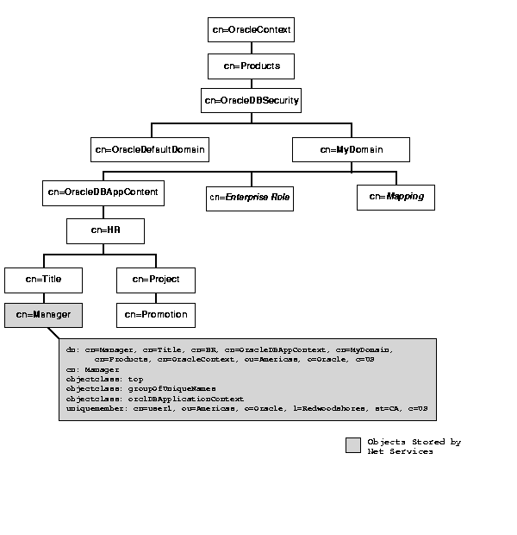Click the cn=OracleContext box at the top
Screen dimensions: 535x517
coord(251,29)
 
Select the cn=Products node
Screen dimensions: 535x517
coord(251,66)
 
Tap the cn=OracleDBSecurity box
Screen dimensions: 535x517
coord(251,101)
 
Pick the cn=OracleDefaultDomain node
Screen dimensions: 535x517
coord(150,149)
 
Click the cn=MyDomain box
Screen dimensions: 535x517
coord(351,149)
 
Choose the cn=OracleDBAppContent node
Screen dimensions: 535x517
coord(103,192)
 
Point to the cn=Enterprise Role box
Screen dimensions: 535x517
coord(249,198)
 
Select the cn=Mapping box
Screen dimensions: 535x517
coord(396,197)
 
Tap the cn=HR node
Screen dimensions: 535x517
coord(105,230)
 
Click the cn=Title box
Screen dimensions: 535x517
coord(43,280)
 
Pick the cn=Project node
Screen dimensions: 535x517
coord(155,280)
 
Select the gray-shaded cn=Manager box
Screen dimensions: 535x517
coord(43,315)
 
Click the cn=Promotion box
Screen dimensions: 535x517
coord(155,315)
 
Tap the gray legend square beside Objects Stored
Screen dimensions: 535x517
coord(352,445)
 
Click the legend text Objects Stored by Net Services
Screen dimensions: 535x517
coord(413,446)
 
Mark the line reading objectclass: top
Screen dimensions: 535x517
coord(104,378)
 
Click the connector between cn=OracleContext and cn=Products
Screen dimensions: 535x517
coord(251,47)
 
